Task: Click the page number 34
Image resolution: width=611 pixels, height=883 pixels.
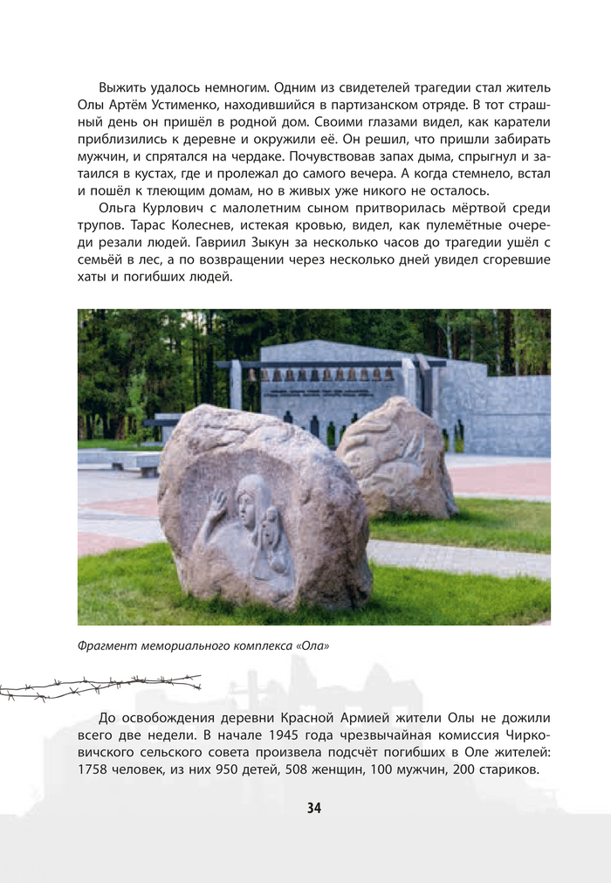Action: tap(314, 808)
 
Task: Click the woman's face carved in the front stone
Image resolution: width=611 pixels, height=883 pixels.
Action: tap(251, 499)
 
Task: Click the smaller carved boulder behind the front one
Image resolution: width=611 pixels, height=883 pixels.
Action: tap(397, 459)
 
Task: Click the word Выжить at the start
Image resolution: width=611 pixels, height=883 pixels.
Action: tap(123, 88)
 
